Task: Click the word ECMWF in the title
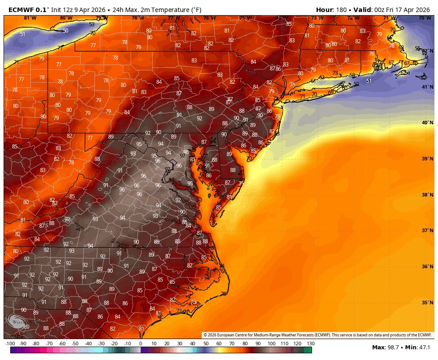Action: [x=20, y=9]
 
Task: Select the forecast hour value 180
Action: [x=341, y=9]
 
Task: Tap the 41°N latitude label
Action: [x=427, y=87]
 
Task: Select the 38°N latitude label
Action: [x=427, y=195]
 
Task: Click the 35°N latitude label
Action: [x=427, y=303]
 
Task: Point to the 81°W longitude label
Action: [x=30, y=18]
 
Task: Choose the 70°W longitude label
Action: [x=425, y=18]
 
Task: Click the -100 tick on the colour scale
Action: [x=10, y=344]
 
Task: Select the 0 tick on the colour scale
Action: [x=141, y=344]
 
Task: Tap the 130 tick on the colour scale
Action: [x=310, y=344]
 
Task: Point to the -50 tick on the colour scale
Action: [x=75, y=344]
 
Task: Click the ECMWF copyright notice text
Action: [x=318, y=335]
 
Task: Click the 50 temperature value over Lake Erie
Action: [x=65, y=31]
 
